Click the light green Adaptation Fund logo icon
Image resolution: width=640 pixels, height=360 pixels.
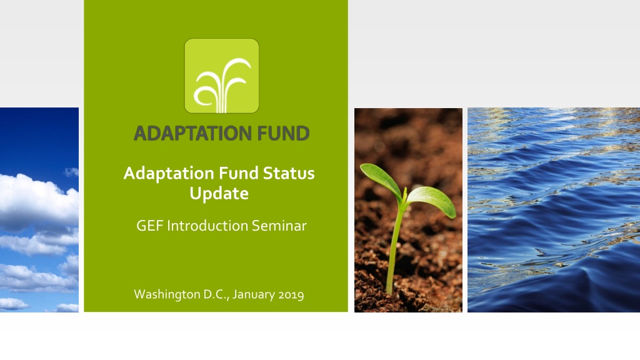222,76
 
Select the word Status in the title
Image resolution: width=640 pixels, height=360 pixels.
289,173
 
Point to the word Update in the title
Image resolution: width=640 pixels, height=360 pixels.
219,194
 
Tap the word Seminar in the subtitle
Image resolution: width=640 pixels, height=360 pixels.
279,226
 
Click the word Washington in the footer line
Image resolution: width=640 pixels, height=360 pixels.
167,294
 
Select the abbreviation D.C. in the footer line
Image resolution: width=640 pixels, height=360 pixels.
216,294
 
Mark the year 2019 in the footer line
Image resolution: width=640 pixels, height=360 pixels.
291,295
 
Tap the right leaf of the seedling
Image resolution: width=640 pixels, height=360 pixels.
432,201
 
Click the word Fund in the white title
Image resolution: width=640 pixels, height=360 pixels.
239,173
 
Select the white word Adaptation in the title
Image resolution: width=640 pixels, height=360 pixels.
169,174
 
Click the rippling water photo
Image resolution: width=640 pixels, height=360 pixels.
554,210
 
